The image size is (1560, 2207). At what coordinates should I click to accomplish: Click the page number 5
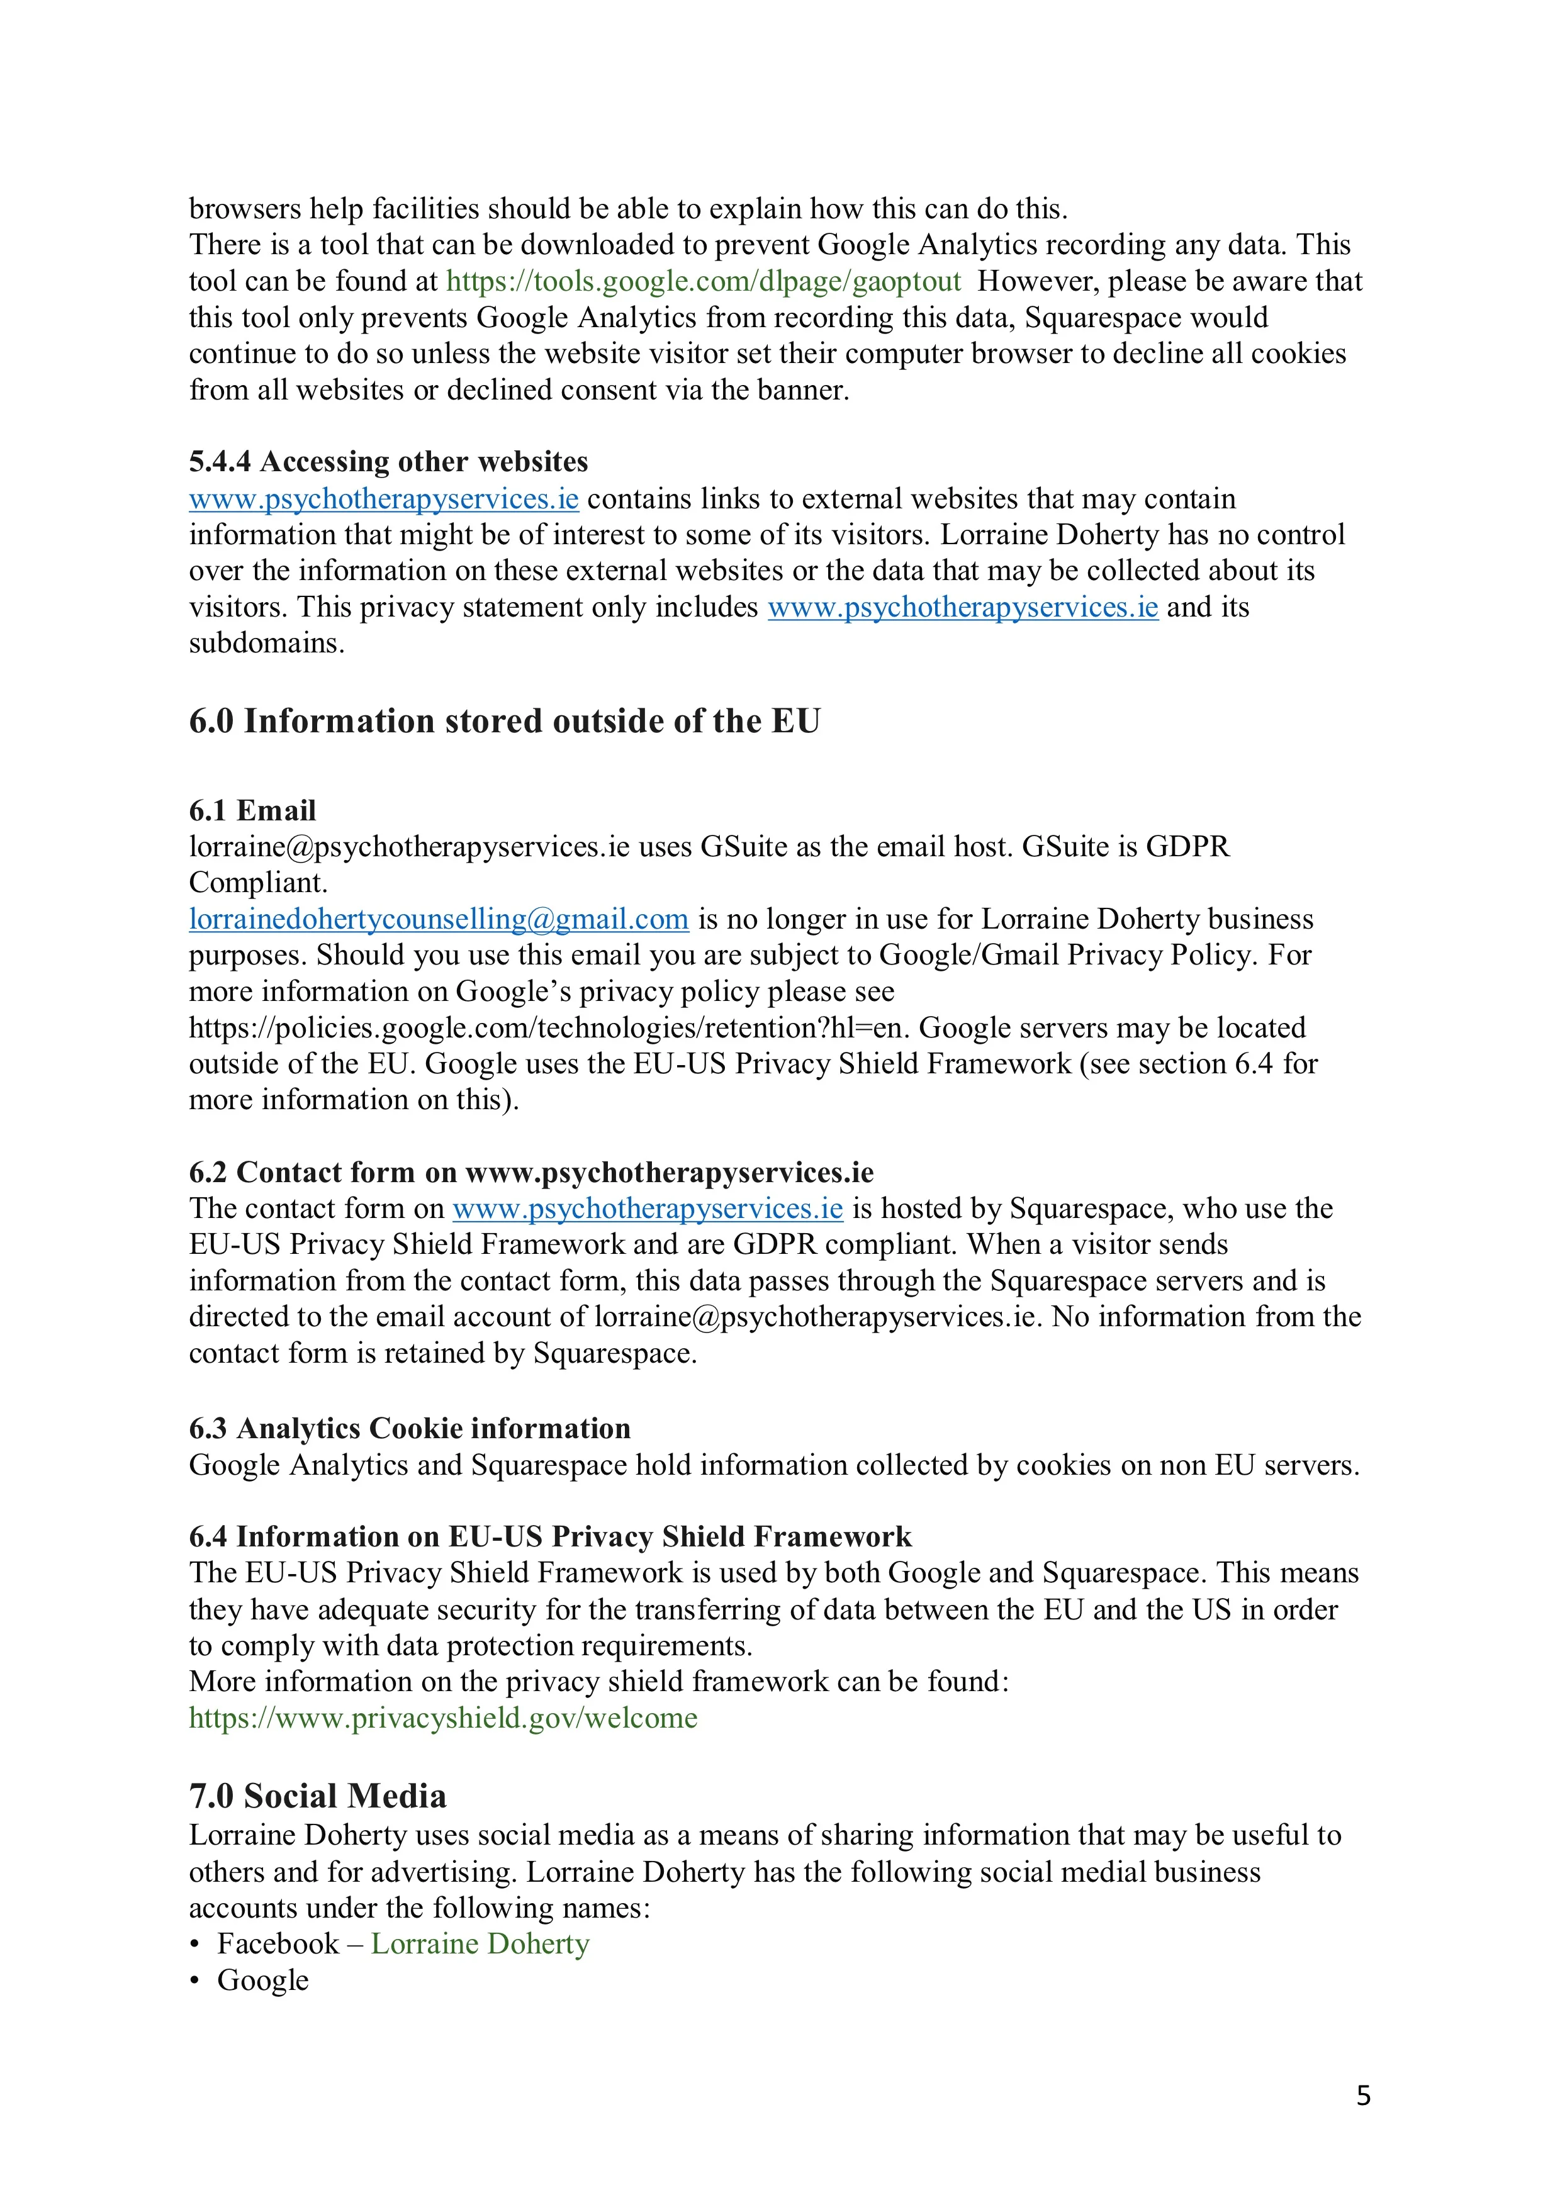click(1363, 2096)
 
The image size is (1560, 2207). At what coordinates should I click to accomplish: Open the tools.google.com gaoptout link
click(704, 282)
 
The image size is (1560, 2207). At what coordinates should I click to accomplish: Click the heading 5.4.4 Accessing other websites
click(388, 462)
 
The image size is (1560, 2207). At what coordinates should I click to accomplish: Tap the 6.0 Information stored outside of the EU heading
click(505, 721)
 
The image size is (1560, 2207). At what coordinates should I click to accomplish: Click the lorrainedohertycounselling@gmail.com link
click(439, 920)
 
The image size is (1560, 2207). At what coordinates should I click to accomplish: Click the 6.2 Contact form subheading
click(530, 1173)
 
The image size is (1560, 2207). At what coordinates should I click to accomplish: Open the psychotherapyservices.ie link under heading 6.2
click(647, 1209)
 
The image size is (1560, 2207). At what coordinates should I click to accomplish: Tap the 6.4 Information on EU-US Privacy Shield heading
click(550, 1537)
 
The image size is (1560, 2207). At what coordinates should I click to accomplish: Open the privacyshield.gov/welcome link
click(443, 1719)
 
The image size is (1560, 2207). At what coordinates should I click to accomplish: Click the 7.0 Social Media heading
click(317, 1797)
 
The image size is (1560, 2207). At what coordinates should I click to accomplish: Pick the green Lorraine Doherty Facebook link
click(480, 1945)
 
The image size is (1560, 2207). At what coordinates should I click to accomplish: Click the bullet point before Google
click(195, 1982)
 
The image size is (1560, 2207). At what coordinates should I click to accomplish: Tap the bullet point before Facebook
click(195, 1945)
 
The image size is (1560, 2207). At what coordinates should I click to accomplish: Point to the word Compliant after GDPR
click(257, 883)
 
